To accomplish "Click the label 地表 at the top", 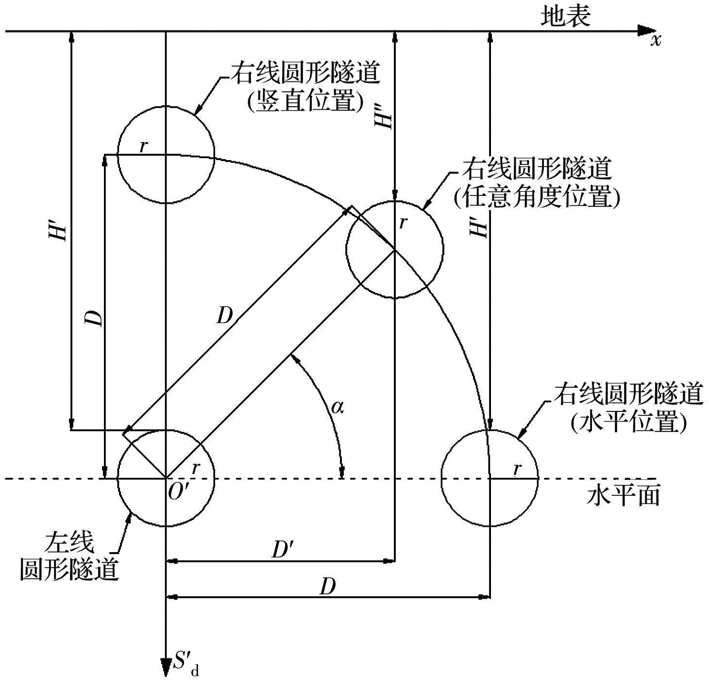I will click(x=566, y=16).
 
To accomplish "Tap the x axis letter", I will click(x=656, y=40).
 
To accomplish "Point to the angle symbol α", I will click(x=337, y=407).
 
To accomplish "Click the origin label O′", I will click(x=178, y=492).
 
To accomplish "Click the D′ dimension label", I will click(x=282, y=550).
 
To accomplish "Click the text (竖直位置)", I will click(x=305, y=101).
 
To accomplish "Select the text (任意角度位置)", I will click(x=537, y=197).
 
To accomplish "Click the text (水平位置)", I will click(x=629, y=422).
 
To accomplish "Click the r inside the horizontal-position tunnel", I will click(x=517, y=469).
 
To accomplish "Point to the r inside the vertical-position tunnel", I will click(x=143, y=146).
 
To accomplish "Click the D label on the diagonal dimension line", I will click(x=224, y=316).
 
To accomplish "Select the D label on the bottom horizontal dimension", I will click(x=327, y=587).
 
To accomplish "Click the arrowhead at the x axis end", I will click(x=646, y=31).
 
